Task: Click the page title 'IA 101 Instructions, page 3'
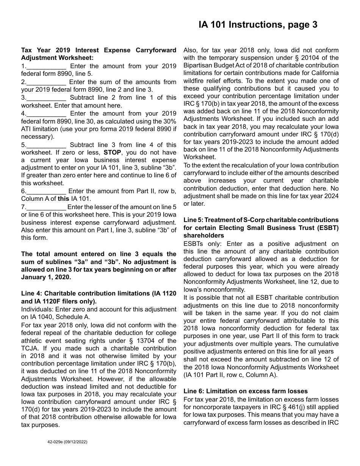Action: click(258, 25)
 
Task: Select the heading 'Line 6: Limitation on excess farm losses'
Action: click(246, 391)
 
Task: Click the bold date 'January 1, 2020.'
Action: click(46, 277)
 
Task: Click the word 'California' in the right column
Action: click(322, 73)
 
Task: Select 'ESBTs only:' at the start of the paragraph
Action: click(200, 244)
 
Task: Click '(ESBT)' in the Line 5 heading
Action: click(327, 227)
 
